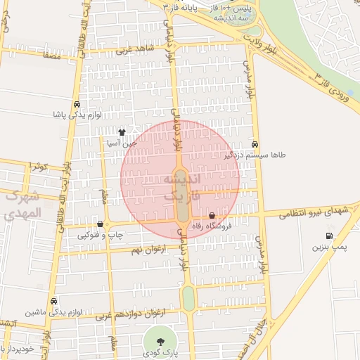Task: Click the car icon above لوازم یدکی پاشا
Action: point(76,103)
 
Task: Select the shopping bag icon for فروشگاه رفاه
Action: point(212,215)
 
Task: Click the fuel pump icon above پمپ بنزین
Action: point(329,236)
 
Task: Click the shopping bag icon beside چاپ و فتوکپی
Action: point(101,224)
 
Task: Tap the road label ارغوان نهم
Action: point(146,250)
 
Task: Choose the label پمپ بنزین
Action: point(329,247)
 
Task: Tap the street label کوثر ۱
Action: point(39,167)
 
